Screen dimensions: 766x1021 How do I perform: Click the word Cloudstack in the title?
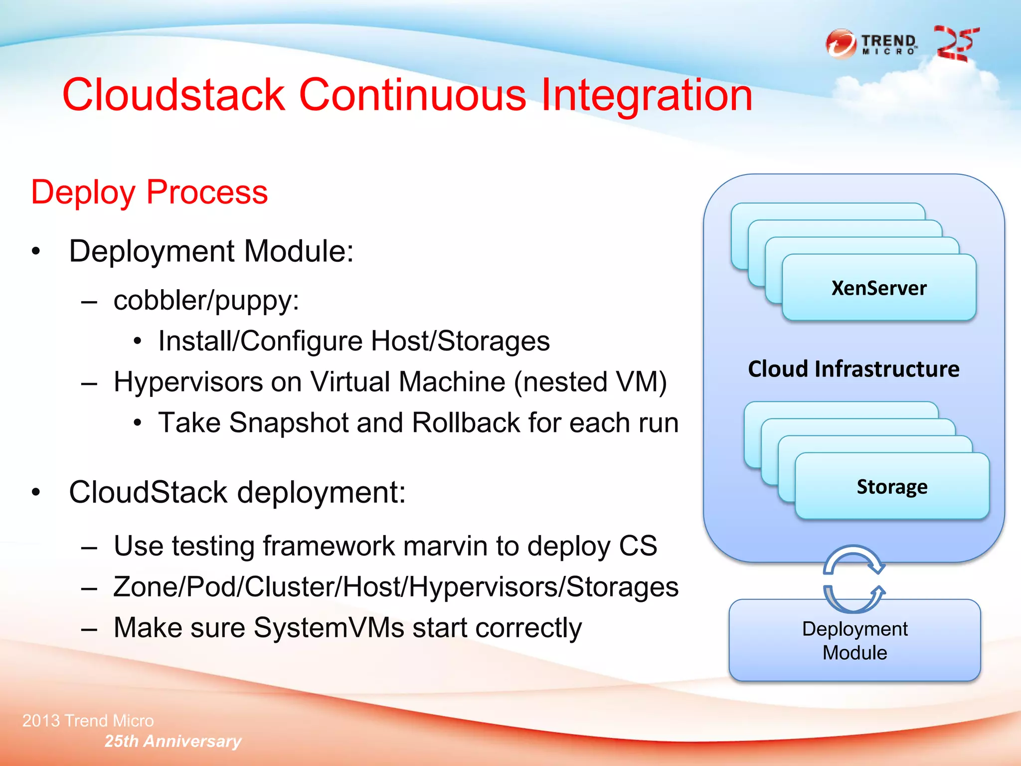coord(173,95)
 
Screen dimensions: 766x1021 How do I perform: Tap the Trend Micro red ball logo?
coord(841,44)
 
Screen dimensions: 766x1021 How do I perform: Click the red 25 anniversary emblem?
coord(956,44)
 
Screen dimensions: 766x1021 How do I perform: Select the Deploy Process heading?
coord(149,192)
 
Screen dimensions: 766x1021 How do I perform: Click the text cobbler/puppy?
coord(206,300)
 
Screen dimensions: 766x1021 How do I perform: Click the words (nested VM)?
coord(590,382)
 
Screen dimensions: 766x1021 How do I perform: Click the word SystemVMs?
coord(329,627)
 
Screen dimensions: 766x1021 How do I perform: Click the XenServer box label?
coord(878,288)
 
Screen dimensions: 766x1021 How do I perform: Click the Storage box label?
coord(892,487)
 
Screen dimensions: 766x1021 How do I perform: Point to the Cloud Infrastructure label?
coord(853,369)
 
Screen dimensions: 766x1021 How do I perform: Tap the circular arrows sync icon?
coord(853,579)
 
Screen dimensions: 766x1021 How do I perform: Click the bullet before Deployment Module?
coord(35,251)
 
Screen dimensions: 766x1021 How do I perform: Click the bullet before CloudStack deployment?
coord(35,493)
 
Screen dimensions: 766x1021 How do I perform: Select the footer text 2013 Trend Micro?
coord(88,721)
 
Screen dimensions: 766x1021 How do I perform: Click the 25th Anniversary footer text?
coord(172,741)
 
